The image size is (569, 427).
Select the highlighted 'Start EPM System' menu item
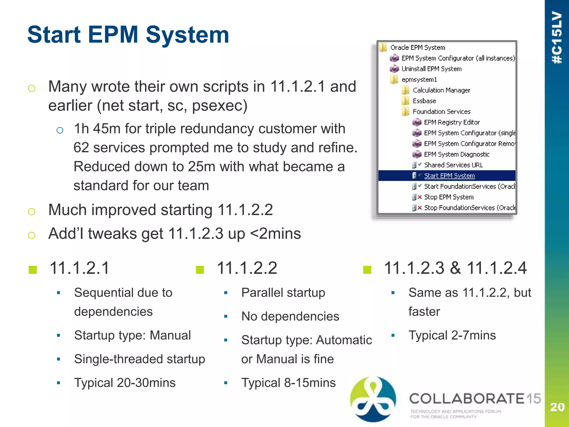[449, 176]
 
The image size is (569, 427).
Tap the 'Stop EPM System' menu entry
[448, 197]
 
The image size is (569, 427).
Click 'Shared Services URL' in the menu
[453, 165]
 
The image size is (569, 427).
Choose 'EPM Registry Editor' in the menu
[451, 122]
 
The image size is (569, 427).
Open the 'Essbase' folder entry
[424, 101]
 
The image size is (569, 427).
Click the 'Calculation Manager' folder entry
[441, 90]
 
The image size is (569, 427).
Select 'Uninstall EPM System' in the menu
[431, 69]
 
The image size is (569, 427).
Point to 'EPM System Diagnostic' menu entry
[456, 154]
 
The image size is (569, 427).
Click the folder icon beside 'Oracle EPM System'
[383, 48]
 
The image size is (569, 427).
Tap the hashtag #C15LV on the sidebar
[557, 38]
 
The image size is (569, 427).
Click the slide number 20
[557, 407]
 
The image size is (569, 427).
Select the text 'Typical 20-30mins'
[125, 383]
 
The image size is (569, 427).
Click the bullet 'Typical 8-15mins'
[288, 383]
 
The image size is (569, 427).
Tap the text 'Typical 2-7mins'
[452, 335]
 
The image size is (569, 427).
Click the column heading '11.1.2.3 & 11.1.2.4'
[455, 268]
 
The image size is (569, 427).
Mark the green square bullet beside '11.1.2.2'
[200, 269]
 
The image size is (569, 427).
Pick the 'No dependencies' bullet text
[290, 316]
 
